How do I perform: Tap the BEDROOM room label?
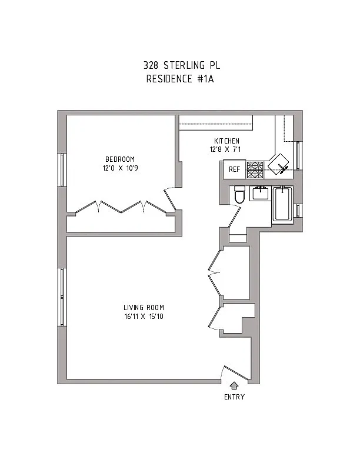[120, 159]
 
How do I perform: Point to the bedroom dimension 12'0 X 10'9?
[120, 168]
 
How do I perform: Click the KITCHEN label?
[226, 141]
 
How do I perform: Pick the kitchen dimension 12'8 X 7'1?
[226, 149]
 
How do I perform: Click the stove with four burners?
[255, 170]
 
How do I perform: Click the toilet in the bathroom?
[239, 194]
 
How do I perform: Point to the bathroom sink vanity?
[259, 192]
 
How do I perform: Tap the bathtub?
[282, 204]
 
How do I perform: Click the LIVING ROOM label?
[144, 308]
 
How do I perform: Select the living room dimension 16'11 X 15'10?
[144, 317]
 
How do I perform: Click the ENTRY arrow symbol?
[234, 386]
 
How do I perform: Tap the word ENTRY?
[234, 397]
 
